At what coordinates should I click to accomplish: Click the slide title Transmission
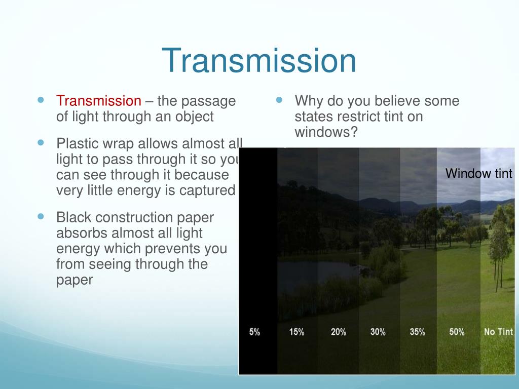pyautogui.click(x=259, y=61)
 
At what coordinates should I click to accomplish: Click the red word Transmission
pyautogui.click(x=99, y=101)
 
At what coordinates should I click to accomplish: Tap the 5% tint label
pyautogui.click(x=254, y=332)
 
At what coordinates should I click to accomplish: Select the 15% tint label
pyautogui.click(x=296, y=332)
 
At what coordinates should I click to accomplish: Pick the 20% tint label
pyautogui.click(x=338, y=332)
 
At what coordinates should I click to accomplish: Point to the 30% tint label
pyautogui.click(x=378, y=332)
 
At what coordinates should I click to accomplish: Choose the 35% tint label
pyautogui.click(x=417, y=332)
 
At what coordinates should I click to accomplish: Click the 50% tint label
pyautogui.click(x=457, y=332)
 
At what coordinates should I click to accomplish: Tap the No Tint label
pyautogui.click(x=498, y=332)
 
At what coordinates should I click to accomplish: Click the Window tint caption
pyautogui.click(x=479, y=174)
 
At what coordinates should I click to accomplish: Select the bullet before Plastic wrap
pyautogui.click(x=41, y=143)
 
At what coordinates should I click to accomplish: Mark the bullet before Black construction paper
pyautogui.click(x=41, y=217)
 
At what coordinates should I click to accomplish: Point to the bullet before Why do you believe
pyautogui.click(x=279, y=100)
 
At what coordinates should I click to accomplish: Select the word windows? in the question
pyautogui.click(x=326, y=132)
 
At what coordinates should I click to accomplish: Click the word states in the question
pyautogui.click(x=312, y=116)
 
